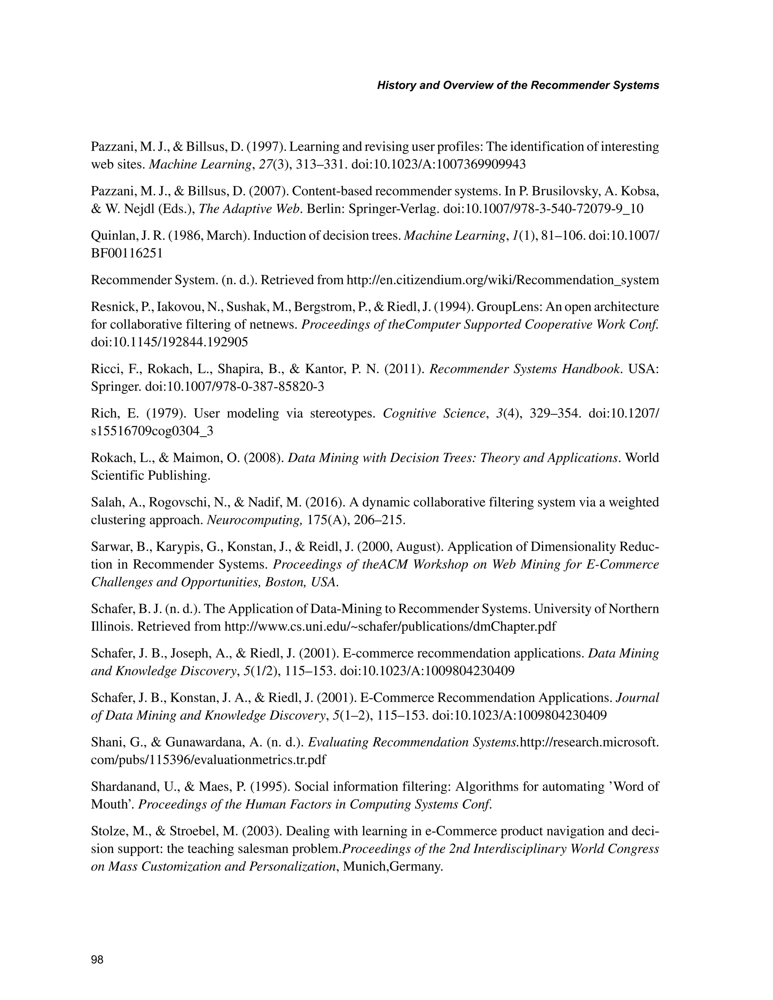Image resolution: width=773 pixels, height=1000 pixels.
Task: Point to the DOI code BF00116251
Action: coord(127,253)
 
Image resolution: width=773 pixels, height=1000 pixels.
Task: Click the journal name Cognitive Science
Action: coord(434,414)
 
